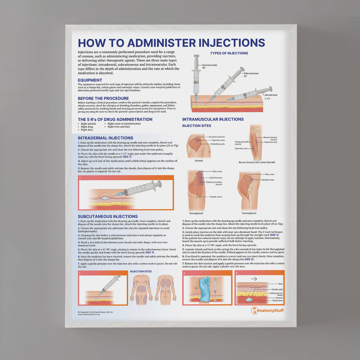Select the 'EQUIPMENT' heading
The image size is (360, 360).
90,80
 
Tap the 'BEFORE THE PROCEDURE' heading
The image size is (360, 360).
103,98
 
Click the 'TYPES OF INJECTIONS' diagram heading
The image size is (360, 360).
229,53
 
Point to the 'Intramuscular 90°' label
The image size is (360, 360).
210,66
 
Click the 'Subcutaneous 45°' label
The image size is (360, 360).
251,74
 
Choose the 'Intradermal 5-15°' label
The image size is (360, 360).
271,97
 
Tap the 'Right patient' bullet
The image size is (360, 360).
88,123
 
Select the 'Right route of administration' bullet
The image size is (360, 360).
124,123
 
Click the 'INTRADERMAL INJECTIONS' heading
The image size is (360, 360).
106,138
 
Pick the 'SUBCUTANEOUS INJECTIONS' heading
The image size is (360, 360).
108,216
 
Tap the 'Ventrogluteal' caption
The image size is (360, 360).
249,213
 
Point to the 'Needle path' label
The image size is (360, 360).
277,289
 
